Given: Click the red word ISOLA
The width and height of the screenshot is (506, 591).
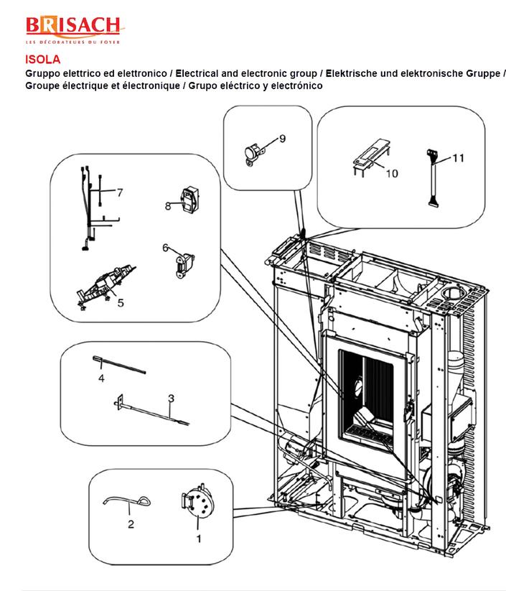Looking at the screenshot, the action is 42,60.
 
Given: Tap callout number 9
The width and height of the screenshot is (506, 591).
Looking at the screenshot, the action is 282,139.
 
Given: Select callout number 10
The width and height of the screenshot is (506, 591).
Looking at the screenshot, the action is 392,173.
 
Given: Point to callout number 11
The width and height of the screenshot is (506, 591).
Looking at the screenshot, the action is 458,157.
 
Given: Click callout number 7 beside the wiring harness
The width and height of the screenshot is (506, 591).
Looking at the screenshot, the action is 119,192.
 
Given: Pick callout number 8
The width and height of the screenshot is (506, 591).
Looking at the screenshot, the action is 168,206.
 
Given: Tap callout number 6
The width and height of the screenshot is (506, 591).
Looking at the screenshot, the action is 165,248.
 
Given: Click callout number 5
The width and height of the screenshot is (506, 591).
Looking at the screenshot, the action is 121,302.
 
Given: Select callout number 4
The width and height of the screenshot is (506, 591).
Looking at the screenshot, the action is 101,378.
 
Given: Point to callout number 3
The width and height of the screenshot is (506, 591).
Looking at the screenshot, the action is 172,399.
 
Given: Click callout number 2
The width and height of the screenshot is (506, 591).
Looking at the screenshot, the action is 131,524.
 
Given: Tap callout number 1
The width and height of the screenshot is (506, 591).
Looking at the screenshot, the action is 199,539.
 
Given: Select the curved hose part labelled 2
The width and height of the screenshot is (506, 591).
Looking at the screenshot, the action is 126,501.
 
